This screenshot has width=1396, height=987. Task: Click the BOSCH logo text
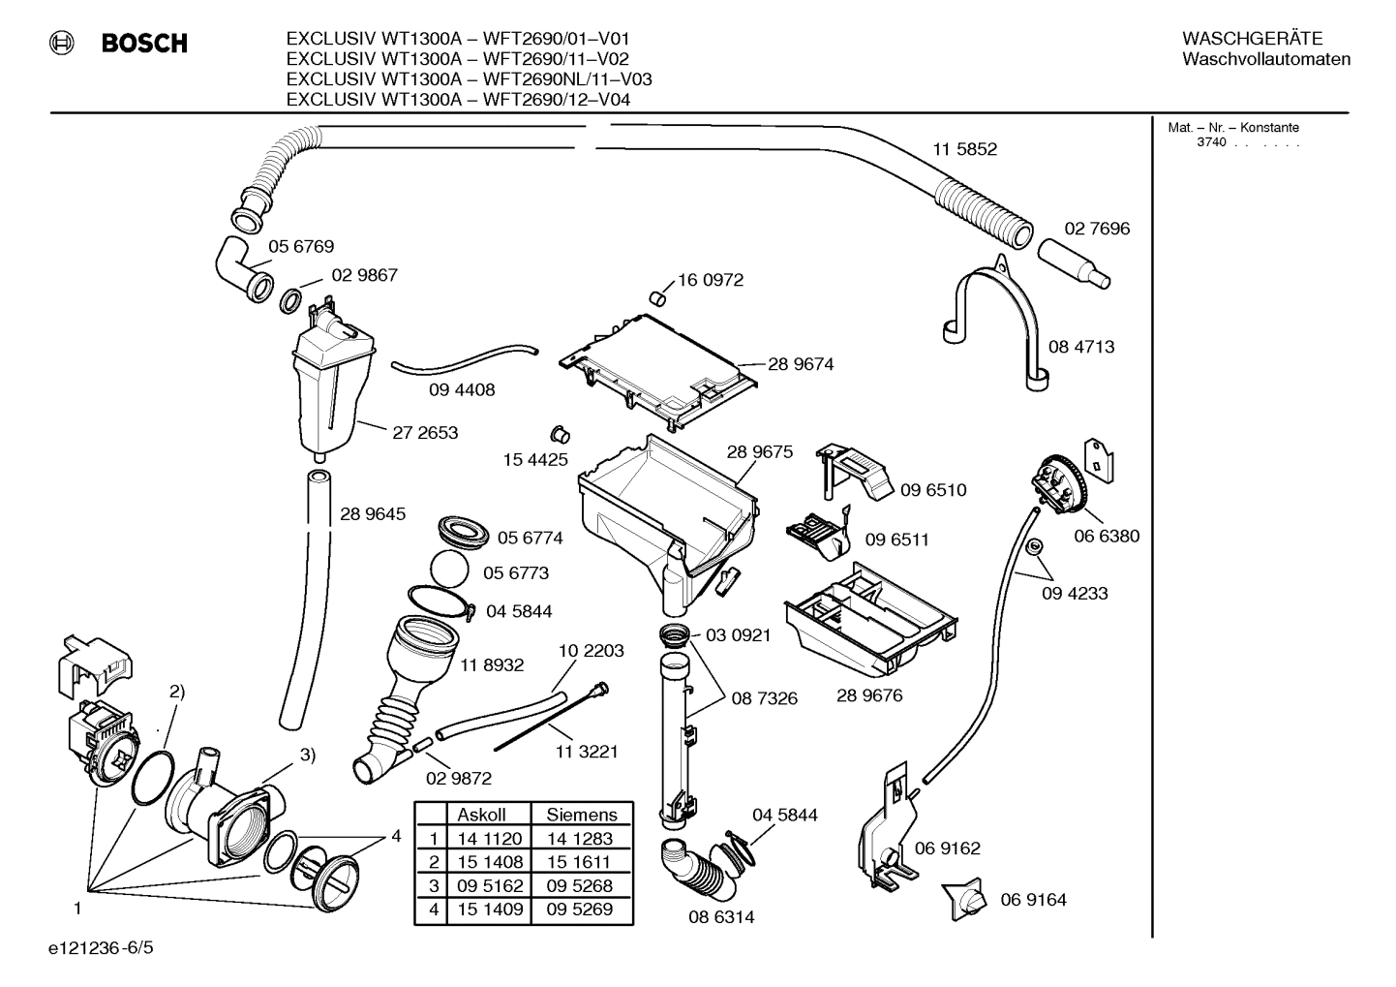143,44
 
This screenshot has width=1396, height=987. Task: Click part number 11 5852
964,149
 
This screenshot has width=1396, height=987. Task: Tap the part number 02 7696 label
1097,229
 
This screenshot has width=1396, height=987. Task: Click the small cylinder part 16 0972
657,294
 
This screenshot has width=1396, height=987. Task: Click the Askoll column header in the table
482,815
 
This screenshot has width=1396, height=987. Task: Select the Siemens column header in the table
581,815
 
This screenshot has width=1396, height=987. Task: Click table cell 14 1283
579,839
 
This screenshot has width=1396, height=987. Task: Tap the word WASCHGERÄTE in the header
1252,39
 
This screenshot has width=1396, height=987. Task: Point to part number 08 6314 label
721,916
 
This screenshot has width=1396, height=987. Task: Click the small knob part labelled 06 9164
970,900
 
